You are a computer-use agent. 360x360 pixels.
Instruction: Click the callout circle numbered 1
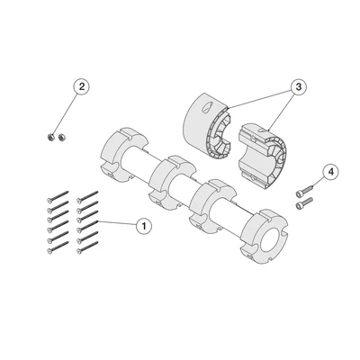(144, 226)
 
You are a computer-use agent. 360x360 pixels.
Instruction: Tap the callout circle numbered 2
(82, 87)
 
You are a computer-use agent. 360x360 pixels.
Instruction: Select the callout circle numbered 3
(298, 87)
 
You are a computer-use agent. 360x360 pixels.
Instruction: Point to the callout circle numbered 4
(330, 172)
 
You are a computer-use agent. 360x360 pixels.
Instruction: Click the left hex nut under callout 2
(51, 138)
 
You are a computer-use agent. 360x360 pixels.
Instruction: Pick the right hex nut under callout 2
(62, 138)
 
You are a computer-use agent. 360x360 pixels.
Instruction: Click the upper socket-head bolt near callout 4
(304, 191)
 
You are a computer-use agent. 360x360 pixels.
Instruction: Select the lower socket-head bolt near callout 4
(304, 203)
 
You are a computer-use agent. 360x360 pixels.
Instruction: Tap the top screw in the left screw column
(58, 196)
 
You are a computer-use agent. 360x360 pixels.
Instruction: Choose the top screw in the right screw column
(87, 196)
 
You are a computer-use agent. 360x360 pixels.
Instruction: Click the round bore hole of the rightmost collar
(272, 240)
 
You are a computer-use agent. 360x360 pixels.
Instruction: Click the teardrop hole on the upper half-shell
(207, 107)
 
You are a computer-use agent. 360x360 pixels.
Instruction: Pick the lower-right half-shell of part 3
(263, 156)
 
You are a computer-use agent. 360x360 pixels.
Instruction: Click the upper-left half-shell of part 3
(207, 126)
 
